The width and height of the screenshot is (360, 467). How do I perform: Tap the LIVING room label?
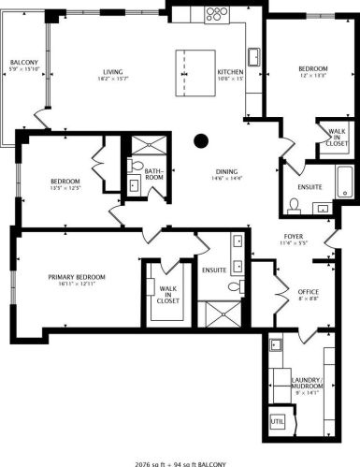point(114,72)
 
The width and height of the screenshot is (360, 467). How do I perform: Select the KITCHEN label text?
point(230,72)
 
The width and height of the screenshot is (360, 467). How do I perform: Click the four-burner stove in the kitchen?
point(215,13)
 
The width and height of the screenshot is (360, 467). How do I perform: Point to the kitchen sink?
point(252,55)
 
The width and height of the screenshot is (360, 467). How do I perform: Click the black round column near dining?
point(200,141)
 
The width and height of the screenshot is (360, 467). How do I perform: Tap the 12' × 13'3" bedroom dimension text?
point(312,75)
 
